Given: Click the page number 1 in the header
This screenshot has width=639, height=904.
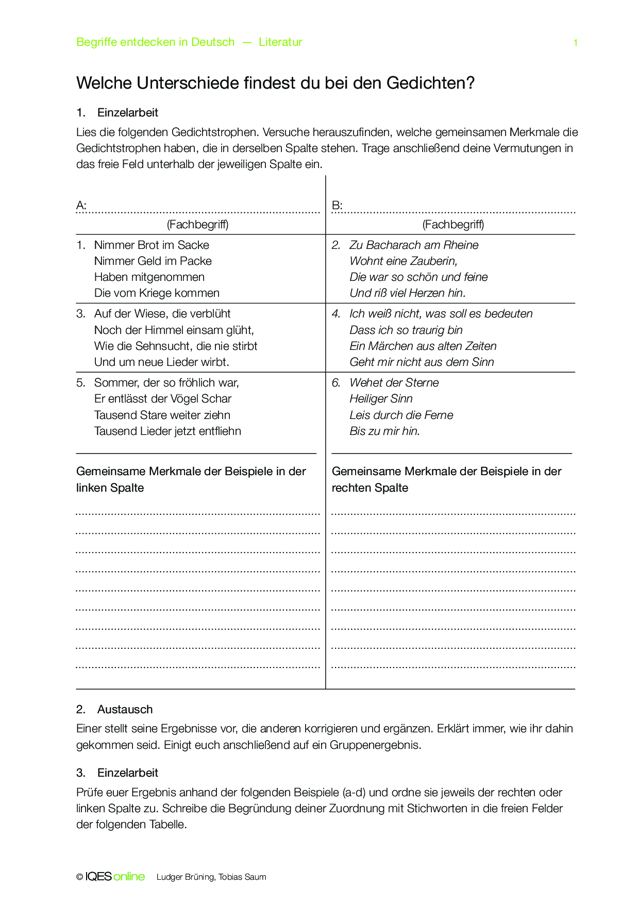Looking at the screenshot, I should click(575, 43).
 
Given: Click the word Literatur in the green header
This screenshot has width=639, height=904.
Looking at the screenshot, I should click(280, 42).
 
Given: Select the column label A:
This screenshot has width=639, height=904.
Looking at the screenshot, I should click(81, 206).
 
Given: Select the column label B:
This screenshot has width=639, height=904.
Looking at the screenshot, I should click(337, 206).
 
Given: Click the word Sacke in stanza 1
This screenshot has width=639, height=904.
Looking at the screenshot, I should click(193, 245).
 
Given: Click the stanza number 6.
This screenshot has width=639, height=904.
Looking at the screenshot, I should click(336, 382).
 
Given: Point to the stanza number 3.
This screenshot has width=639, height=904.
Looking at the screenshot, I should click(80, 313).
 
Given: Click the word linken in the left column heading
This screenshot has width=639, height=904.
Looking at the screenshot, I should click(91, 488).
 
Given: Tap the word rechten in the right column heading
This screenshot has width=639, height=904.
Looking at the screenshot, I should click(351, 488).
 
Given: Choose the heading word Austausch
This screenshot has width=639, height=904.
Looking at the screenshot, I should click(125, 709).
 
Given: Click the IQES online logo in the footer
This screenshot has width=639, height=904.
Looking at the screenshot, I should click(114, 877).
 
